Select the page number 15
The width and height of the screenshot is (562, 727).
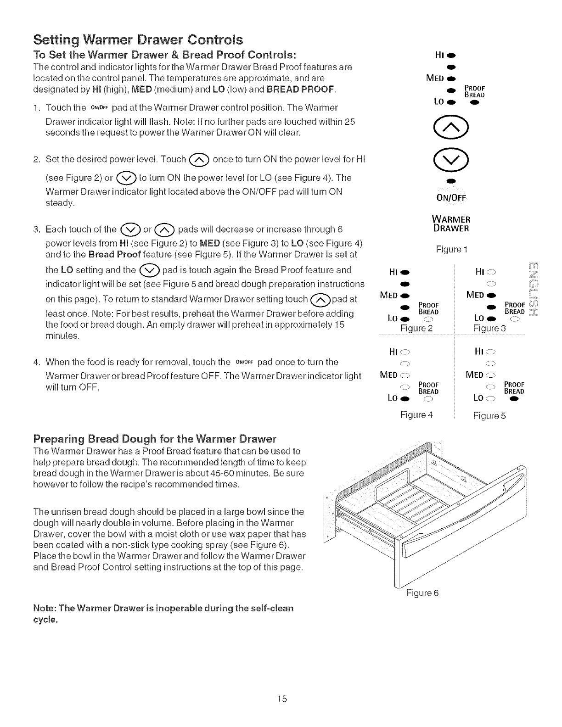[x=281, y=699]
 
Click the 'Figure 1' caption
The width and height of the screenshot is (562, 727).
[x=452, y=250]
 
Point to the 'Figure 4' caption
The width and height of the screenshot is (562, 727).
[x=416, y=415]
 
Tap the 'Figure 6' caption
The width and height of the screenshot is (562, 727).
[x=422, y=593]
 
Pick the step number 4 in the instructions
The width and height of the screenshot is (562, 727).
[x=36, y=362]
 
